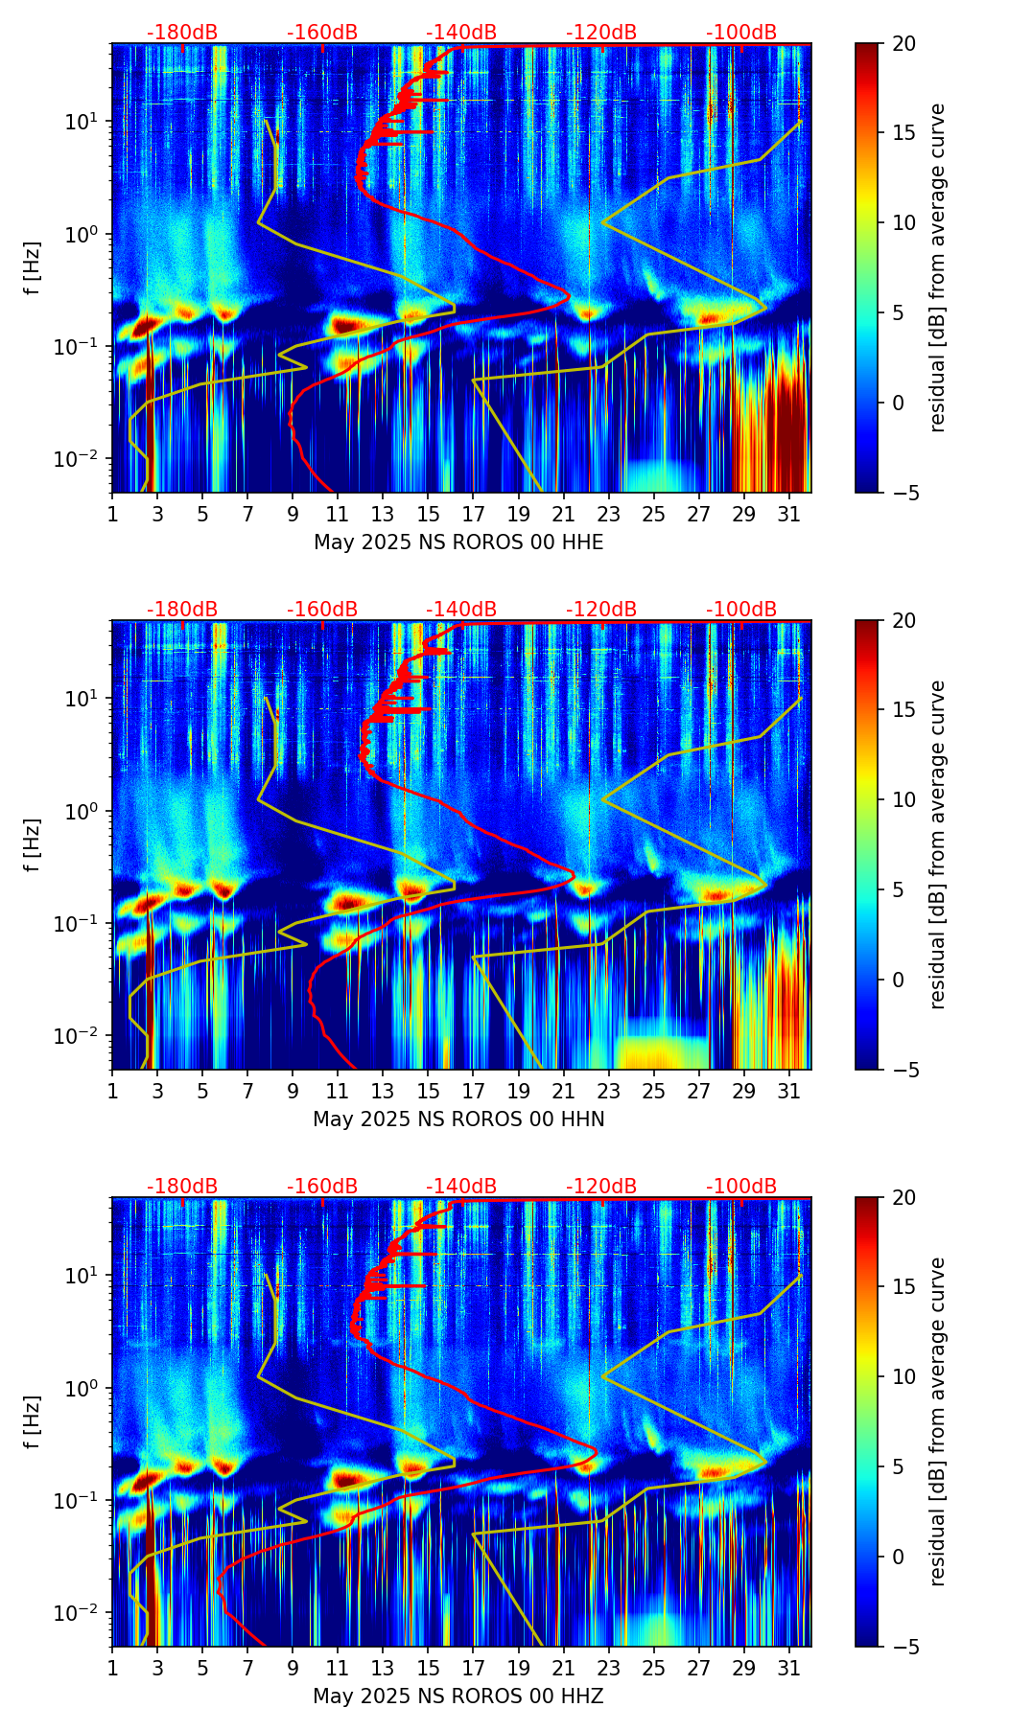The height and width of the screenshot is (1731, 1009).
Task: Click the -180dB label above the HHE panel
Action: [x=182, y=33]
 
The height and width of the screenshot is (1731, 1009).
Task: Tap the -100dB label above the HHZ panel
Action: [x=741, y=1187]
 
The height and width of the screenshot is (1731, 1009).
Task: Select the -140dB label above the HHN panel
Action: [x=461, y=610]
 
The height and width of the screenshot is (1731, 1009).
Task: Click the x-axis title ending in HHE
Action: [x=458, y=542]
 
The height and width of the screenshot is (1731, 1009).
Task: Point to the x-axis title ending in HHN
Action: [x=458, y=1119]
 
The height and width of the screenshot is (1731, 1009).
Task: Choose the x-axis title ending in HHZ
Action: [x=458, y=1696]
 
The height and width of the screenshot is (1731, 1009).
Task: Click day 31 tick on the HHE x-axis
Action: [x=789, y=514]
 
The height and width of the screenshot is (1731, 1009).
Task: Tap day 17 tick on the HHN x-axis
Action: [x=474, y=1091]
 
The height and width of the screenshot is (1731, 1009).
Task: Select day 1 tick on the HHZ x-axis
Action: [x=112, y=1668]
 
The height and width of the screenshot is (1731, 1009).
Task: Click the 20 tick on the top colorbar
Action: [x=903, y=43]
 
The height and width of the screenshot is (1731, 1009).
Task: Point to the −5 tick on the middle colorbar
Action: [x=903, y=1069]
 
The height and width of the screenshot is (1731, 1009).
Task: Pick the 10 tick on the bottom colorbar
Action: [x=903, y=1376]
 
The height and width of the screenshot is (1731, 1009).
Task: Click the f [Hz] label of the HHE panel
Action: [x=33, y=268]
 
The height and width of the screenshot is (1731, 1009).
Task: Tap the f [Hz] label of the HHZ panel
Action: [x=33, y=1422]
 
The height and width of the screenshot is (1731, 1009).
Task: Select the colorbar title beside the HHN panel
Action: [x=938, y=844]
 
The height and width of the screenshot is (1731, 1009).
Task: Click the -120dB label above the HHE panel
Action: [x=601, y=33]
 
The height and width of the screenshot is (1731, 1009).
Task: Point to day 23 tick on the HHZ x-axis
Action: [x=609, y=1668]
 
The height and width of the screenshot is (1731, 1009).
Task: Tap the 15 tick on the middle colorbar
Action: [x=903, y=709]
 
